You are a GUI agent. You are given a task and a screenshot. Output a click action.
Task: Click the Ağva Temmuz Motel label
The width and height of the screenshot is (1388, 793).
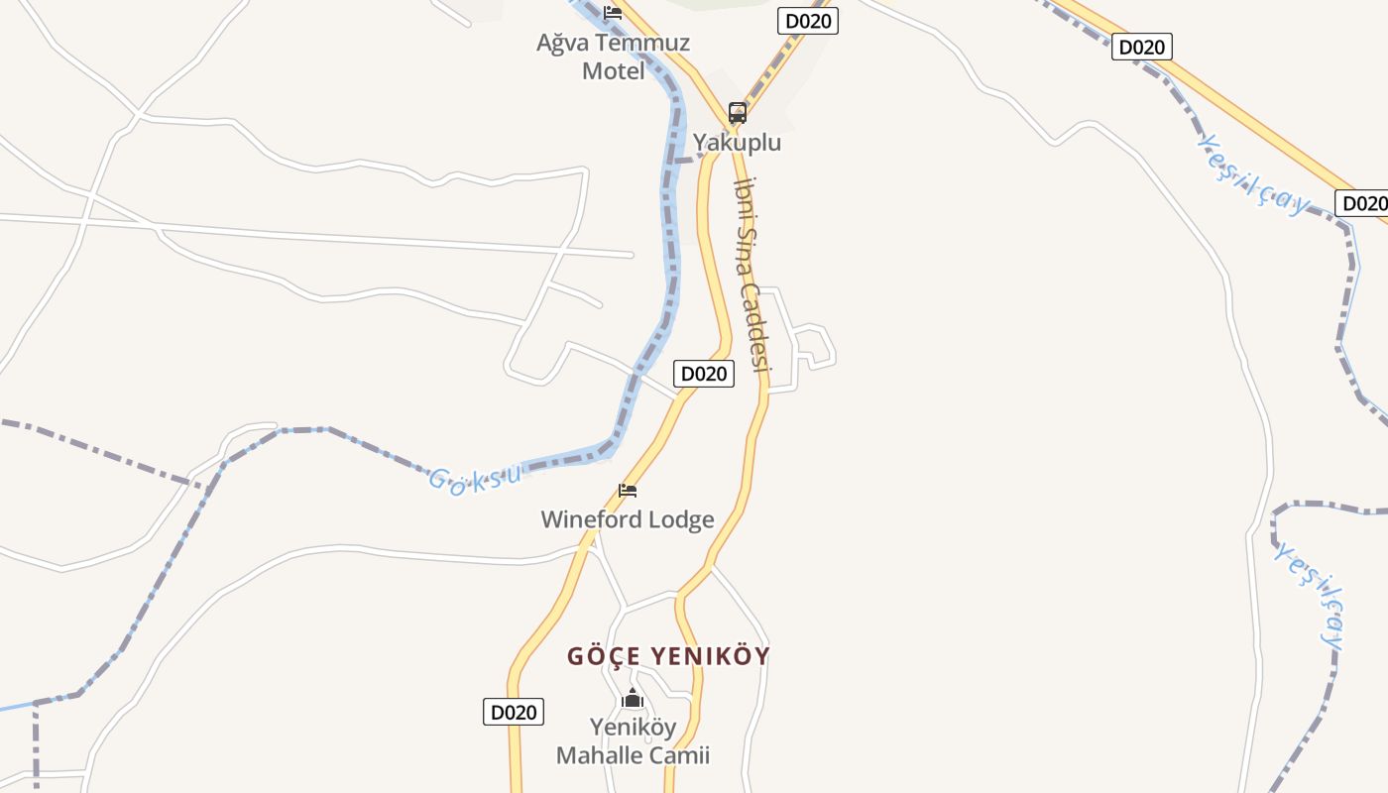pyautogui.click(x=613, y=57)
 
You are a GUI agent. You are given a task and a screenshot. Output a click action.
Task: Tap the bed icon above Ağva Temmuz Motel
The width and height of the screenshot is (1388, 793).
pyautogui.click(x=613, y=13)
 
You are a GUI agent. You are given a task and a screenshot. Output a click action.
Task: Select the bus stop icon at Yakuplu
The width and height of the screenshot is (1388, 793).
pyautogui.click(x=737, y=112)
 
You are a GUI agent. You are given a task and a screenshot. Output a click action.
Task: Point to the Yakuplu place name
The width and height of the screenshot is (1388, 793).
pyautogui.click(x=737, y=143)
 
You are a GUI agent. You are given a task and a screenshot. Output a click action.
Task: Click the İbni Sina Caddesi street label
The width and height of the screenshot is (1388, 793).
pyautogui.click(x=751, y=273)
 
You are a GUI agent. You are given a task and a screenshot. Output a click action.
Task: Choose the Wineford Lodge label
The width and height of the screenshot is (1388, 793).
pyautogui.click(x=627, y=519)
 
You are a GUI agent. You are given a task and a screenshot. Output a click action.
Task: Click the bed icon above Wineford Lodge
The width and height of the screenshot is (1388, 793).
pyautogui.click(x=627, y=491)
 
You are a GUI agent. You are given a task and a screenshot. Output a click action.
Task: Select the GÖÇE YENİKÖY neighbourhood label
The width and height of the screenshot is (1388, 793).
pyautogui.click(x=668, y=656)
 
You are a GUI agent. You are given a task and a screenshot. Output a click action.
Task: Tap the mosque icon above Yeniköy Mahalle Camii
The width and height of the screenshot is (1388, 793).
pyautogui.click(x=633, y=699)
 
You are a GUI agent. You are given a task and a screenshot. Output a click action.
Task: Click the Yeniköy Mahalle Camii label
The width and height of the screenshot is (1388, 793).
pyautogui.click(x=633, y=740)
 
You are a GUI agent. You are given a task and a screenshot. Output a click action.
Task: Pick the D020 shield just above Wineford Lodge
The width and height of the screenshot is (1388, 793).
pyautogui.click(x=703, y=374)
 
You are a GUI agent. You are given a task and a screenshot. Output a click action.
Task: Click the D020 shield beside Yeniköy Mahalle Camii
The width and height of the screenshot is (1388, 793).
pyautogui.click(x=514, y=712)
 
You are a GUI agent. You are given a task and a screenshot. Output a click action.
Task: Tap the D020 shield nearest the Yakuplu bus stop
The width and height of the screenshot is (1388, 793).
pyautogui.click(x=807, y=21)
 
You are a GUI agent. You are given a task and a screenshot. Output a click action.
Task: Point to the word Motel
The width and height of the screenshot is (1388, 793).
pyautogui.click(x=613, y=71)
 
